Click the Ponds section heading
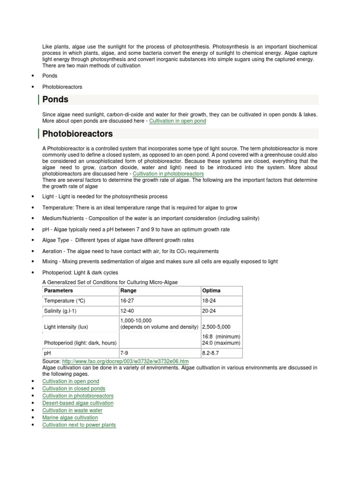[55, 99]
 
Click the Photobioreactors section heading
[77, 134]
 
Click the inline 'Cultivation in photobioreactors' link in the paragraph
[168, 173]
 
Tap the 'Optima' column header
[211, 291]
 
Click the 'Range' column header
[128, 291]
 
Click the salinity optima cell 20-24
[210, 311]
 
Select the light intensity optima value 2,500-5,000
[216, 327]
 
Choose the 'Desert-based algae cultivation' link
[78, 403]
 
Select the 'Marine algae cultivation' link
[70, 418]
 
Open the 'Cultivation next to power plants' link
[79, 425]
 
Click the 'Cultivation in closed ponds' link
[74, 389]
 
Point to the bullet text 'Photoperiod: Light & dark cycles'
[80, 272]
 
